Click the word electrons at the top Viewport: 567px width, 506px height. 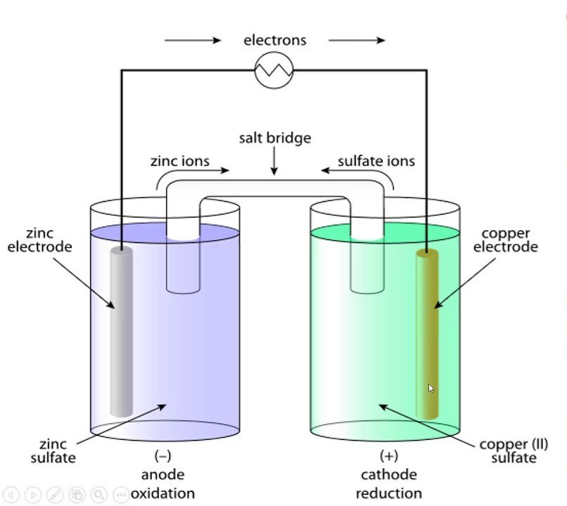[275, 40]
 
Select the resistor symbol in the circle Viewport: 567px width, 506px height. [274, 70]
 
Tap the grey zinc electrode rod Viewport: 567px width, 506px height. [121, 330]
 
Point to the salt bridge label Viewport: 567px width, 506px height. [274, 138]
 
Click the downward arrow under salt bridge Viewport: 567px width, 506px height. [274, 162]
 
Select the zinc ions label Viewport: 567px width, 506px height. [180, 161]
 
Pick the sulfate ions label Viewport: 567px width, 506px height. [376, 161]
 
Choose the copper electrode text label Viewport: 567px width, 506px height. [505, 240]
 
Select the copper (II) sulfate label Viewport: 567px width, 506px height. [514, 451]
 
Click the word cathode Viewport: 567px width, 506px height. [389, 474]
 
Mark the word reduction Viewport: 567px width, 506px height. [389, 493]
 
